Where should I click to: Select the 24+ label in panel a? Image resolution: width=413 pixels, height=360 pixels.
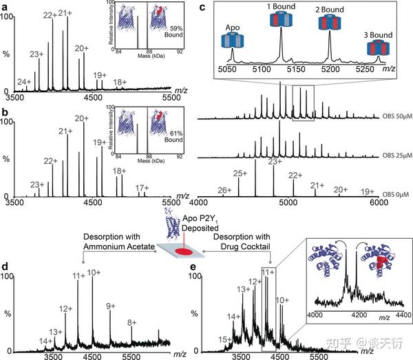23,82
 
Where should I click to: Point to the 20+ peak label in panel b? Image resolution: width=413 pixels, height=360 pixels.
81,118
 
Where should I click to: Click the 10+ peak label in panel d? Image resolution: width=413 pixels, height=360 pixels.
94,273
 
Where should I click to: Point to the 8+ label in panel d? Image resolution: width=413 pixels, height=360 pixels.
131,322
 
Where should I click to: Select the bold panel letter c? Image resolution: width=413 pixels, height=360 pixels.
201,6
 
